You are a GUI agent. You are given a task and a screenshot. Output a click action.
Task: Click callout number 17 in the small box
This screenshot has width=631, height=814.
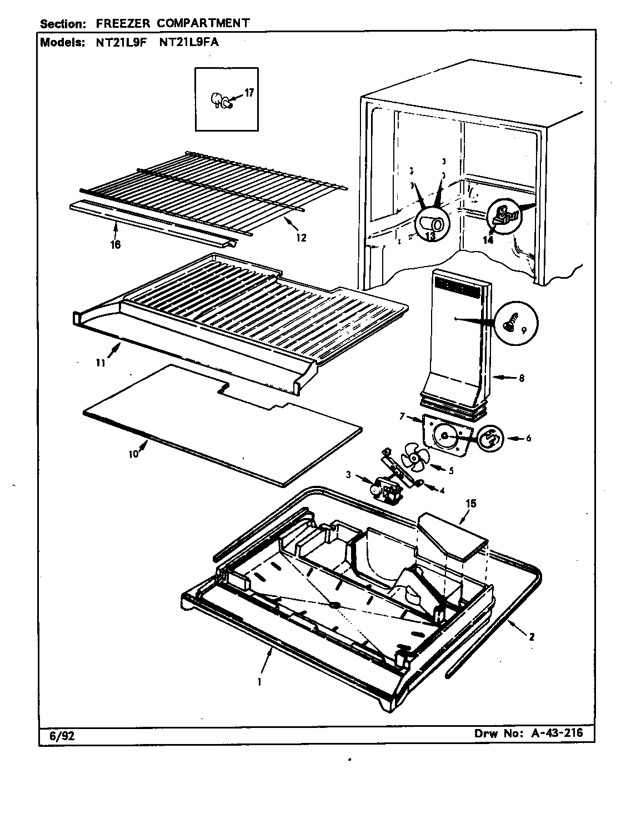click(x=249, y=93)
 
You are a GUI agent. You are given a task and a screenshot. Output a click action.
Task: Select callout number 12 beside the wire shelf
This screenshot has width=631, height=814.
click(x=301, y=238)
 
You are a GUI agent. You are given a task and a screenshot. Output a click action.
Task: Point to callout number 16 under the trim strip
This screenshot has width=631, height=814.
click(x=116, y=244)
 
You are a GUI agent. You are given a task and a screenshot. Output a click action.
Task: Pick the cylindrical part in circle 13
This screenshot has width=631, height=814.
click(x=432, y=223)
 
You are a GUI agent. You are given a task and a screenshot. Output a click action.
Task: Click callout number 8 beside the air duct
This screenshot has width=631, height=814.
click(x=520, y=379)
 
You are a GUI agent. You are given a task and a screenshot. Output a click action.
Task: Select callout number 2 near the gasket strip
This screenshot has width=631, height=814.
click(x=532, y=637)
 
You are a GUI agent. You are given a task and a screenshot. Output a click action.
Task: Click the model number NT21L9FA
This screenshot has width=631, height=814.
click(x=189, y=42)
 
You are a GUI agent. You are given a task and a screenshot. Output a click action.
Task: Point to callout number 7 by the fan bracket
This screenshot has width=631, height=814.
click(x=402, y=416)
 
